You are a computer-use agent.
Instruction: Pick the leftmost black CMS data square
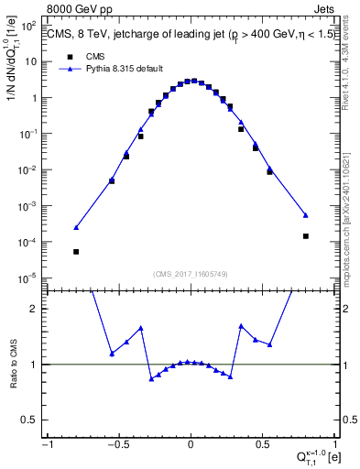coord(76,252)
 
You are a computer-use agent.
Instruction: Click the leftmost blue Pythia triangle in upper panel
coord(76,227)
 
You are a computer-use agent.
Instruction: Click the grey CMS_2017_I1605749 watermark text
coord(190,274)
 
